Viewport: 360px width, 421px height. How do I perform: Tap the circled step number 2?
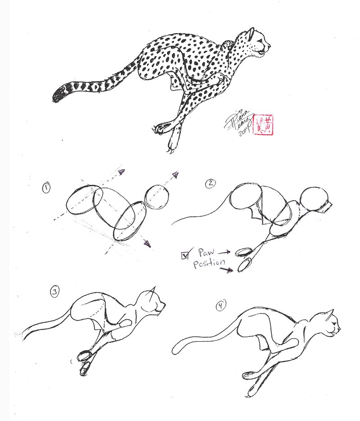tap(210, 183)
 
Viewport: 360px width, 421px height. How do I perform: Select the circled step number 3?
tap(54, 293)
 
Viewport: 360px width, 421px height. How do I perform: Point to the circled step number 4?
tap(220, 306)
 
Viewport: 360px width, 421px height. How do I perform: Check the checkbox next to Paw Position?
tap(184, 255)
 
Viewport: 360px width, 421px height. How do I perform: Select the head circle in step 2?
tap(315, 198)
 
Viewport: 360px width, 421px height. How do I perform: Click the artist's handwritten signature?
tap(239, 123)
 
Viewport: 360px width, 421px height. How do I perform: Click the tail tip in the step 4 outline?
tap(176, 349)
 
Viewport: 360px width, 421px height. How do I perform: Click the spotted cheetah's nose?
tap(269, 45)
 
